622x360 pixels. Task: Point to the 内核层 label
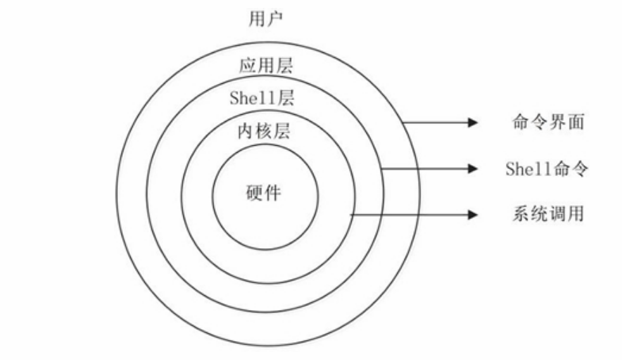(264, 131)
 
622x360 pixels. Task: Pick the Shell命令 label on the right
(547, 169)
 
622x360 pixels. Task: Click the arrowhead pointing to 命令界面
(473, 123)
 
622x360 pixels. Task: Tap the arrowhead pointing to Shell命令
(473, 168)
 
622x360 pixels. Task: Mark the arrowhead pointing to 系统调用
(473, 214)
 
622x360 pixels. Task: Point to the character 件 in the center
(273, 193)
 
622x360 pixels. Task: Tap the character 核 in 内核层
(264, 131)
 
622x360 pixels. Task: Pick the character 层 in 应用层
(282, 66)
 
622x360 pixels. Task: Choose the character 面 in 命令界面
(578, 123)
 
